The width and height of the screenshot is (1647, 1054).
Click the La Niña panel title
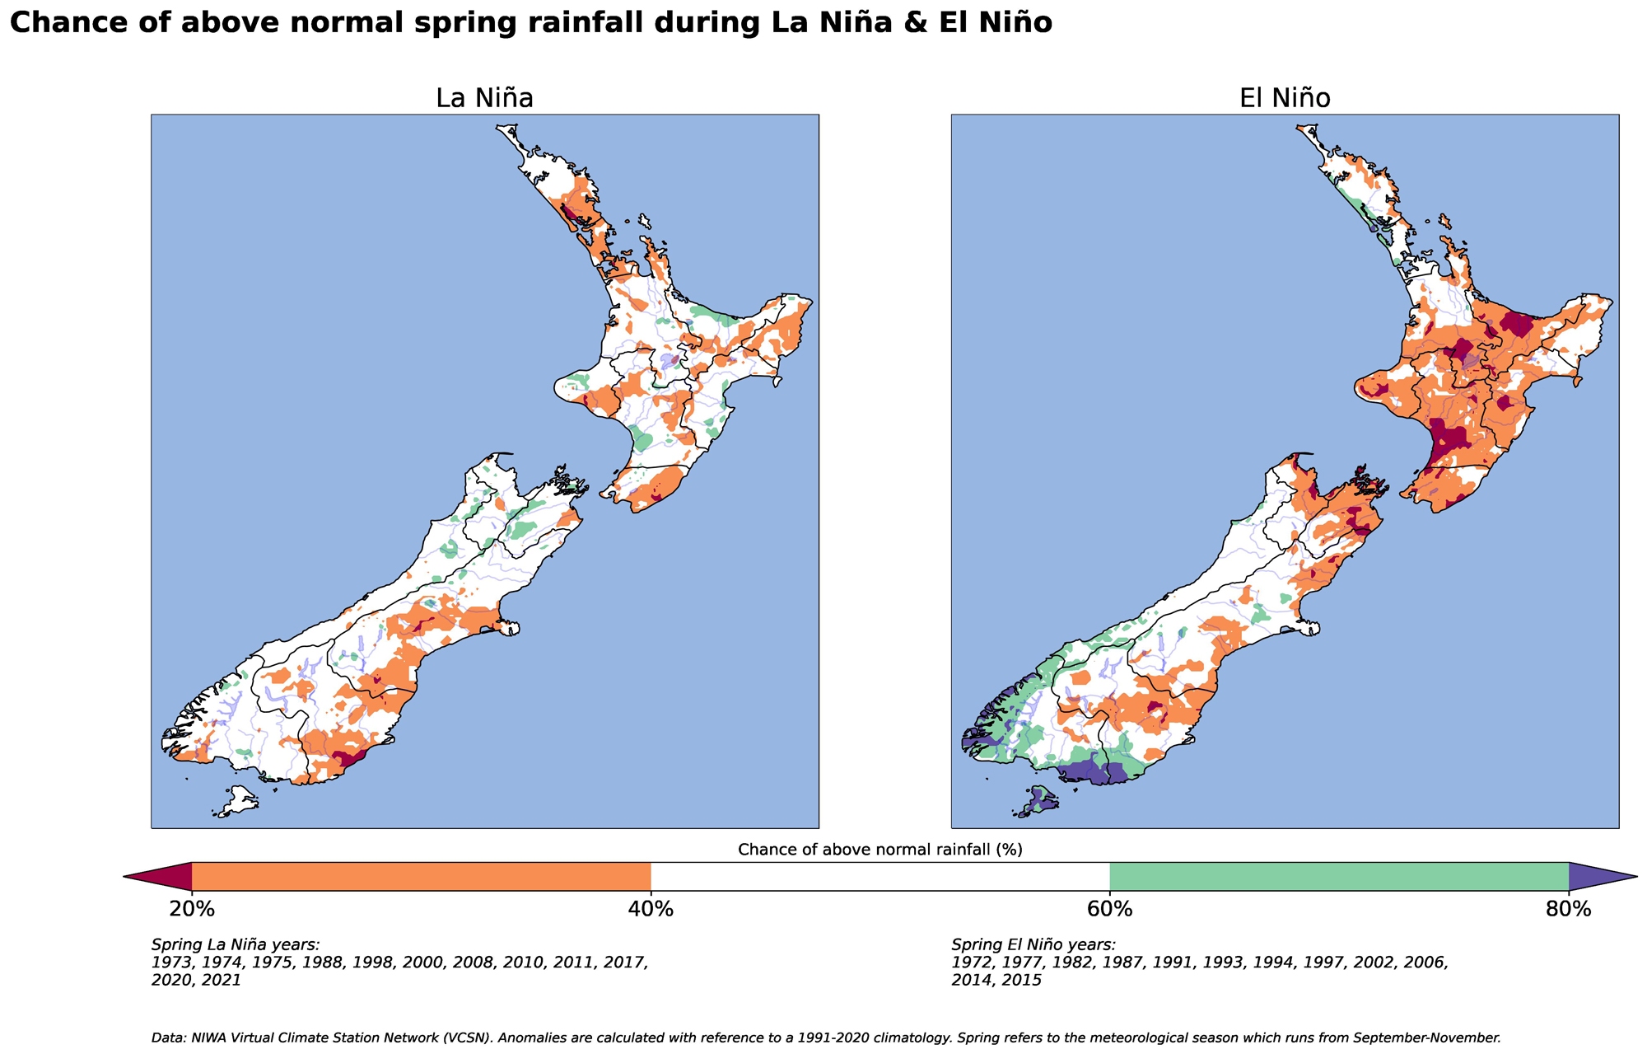coord(484,98)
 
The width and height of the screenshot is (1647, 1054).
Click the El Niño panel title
coord(1285,98)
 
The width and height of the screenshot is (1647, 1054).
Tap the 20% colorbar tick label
coord(192,910)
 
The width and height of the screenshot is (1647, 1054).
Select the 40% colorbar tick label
coord(651,910)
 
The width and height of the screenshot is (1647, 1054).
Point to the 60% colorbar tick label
coord(1110,910)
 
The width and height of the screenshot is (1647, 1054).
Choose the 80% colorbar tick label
coord(1569,910)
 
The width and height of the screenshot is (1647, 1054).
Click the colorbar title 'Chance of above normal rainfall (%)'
coord(880,850)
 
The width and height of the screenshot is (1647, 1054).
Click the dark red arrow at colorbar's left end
coord(161,877)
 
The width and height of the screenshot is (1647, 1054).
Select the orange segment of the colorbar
coord(421,877)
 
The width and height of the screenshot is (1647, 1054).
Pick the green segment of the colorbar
coord(1339,877)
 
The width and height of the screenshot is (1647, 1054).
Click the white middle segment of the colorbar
coord(880,877)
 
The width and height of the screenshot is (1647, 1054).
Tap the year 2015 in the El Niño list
coord(1021,981)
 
